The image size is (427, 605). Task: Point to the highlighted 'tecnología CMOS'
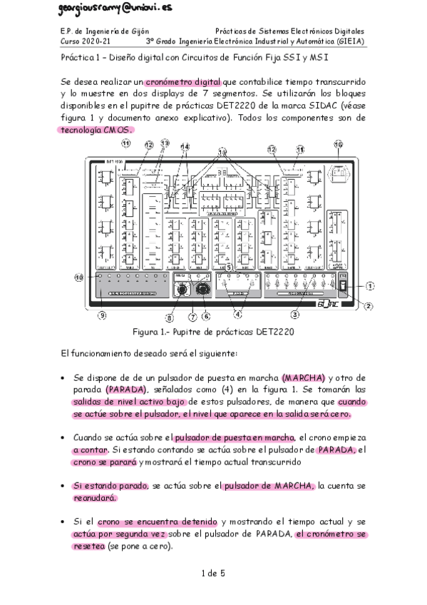pyautogui.click(x=95, y=130)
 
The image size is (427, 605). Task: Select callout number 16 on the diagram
pyautogui.click(x=338, y=144)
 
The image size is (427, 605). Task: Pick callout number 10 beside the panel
pyautogui.click(x=80, y=277)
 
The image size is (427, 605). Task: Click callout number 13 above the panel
pyautogui.click(x=165, y=143)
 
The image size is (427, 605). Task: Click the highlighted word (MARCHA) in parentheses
pyautogui.click(x=304, y=377)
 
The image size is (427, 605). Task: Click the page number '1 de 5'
pyautogui.click(x=213, y=573)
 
